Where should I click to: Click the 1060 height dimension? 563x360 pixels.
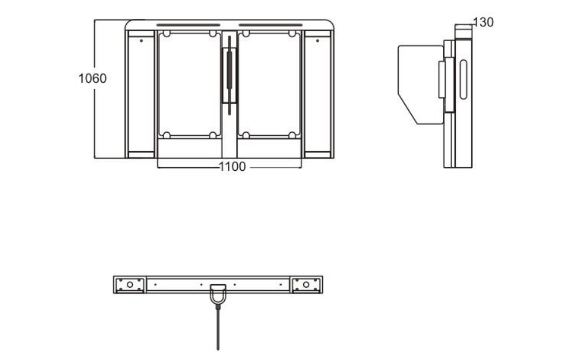tap(93, 78)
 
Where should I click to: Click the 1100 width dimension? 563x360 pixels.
tap(232, 167)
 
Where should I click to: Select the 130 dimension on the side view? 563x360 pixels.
tap(483, 22)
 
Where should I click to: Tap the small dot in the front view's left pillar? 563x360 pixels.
tap(141, 41)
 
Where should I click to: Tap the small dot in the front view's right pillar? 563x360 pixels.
tap(317, 41)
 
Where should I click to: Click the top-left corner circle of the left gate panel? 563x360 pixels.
tap(167, 34)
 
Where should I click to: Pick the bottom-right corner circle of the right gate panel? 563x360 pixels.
tap(292, 135)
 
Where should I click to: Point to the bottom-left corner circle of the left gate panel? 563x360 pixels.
tap(167, 135)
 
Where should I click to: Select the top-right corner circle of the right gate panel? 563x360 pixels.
tap(292, 34)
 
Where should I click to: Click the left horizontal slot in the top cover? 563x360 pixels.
tap(188, 25)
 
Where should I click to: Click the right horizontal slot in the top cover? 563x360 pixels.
tap(271, 25)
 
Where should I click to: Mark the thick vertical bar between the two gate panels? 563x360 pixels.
tap(230, 75)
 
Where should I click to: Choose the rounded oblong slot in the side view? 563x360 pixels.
tap(464, 80)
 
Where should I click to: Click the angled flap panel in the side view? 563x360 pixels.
tap(421, 84)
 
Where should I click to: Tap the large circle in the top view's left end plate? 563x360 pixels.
tap(130, 285)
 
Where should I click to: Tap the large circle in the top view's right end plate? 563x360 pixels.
tap(306, 285)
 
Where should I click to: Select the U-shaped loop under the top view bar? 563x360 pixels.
tap(218, 295)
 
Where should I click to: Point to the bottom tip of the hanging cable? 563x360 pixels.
tap(218, 349)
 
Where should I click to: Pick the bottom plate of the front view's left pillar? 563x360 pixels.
tap(141, 155)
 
